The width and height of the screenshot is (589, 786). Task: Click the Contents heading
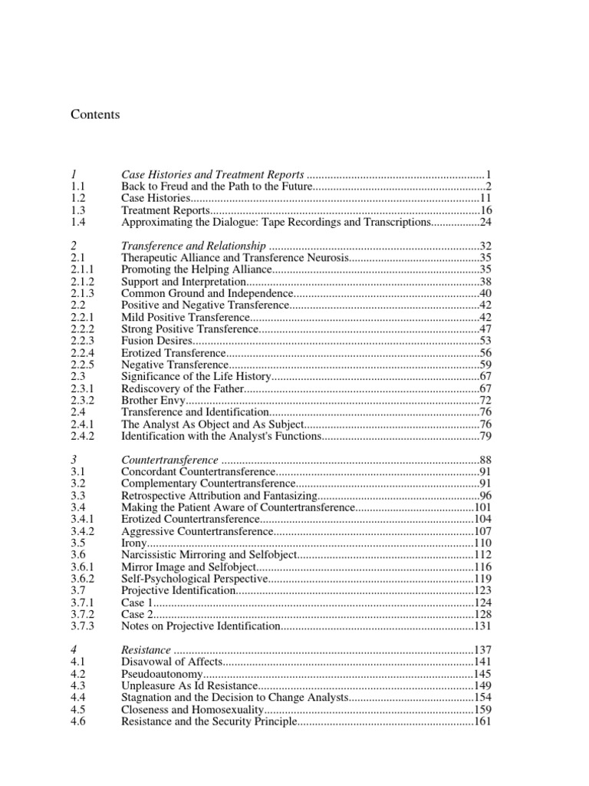tap(95, 114)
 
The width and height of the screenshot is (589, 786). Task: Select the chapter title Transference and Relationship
tap(194, 246)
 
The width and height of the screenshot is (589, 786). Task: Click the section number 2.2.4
tap(81, 352)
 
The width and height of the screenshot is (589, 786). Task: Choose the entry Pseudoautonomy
tap(159, 674)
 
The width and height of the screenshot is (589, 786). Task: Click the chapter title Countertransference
tap(171, 459)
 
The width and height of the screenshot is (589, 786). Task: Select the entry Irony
tap(133, 542)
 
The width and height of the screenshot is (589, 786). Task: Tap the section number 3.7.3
tap(81, 626)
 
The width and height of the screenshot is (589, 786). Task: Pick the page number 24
tap(485, 222)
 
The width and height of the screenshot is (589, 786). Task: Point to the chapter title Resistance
tap(146, 650)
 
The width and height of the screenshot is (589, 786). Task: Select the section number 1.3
tap(77, 210)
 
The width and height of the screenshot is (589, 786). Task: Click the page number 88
tap(485, 459)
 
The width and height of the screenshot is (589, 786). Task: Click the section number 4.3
tap(77, 685)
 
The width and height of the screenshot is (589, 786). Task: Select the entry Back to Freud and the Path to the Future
tap(217, 187)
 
